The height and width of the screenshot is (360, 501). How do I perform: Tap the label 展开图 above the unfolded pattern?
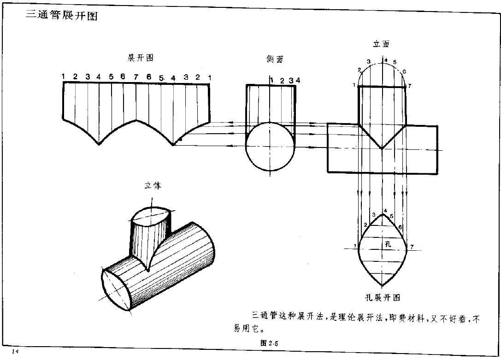(140, 58)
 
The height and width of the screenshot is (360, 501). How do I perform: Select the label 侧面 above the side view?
(275, 59)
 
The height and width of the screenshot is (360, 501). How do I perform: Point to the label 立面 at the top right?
(381, 44)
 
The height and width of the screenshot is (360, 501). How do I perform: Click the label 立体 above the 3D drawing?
(153, 186)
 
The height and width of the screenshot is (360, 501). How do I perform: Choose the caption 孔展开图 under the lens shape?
(383, 297)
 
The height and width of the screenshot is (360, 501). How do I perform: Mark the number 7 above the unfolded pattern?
(136, 77)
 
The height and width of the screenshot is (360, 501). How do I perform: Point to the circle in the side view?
(270, 146)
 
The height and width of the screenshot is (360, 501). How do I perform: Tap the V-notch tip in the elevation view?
(382, 148)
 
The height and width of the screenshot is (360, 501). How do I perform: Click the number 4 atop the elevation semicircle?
(386, 60)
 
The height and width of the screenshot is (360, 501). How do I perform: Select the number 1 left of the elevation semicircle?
(354, 85)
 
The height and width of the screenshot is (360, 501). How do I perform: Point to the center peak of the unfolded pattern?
(136, 121)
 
